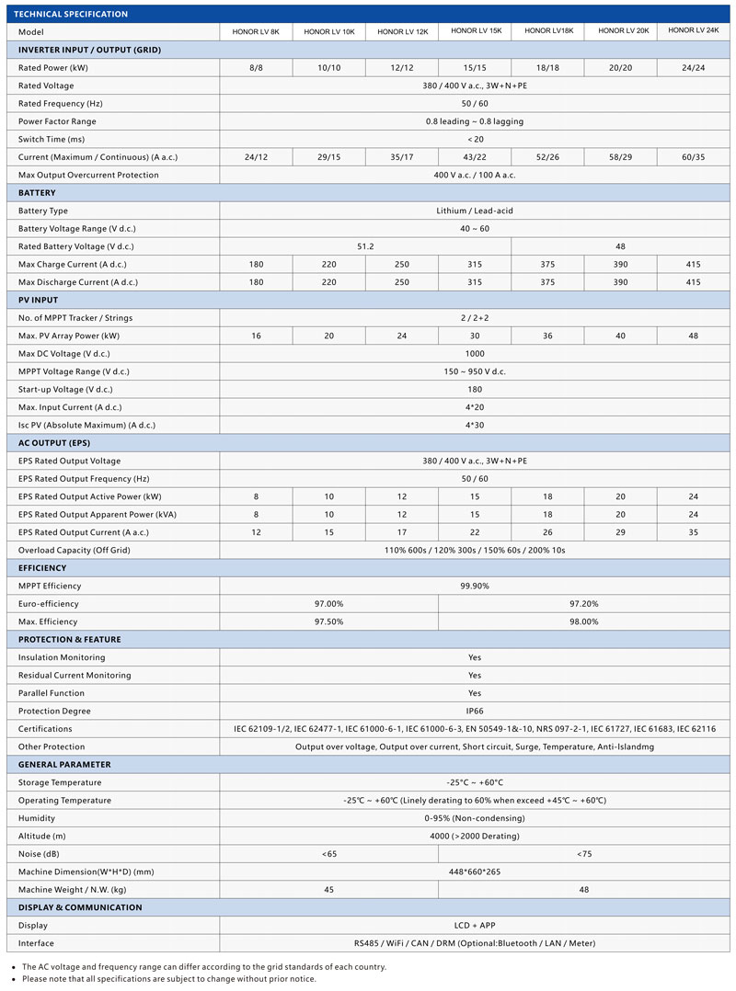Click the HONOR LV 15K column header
[x=476, y=31]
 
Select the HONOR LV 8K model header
[x=256, y=32]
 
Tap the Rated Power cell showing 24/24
[x=693, y=68]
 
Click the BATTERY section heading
[x=37, y=193]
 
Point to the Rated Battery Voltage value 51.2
[x=365, y=246]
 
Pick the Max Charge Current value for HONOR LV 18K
[x=548, y=265]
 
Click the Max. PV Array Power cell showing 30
[x=475, y=336]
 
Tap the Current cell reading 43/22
[x=475, y=157]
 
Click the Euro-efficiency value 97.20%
[x=584, y=604]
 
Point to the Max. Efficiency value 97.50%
[x=328, y=622]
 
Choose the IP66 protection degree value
[x=475, y=712]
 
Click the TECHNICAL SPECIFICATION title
[x=71, y=14]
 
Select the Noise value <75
[x=584, y=854]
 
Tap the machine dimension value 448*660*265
[x=475, y=872]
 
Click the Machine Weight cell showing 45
[x=328, y=890]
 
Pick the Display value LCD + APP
[x=475, y=926]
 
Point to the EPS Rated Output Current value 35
[x=693, y=532]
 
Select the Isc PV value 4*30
[x=475, y=426]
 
